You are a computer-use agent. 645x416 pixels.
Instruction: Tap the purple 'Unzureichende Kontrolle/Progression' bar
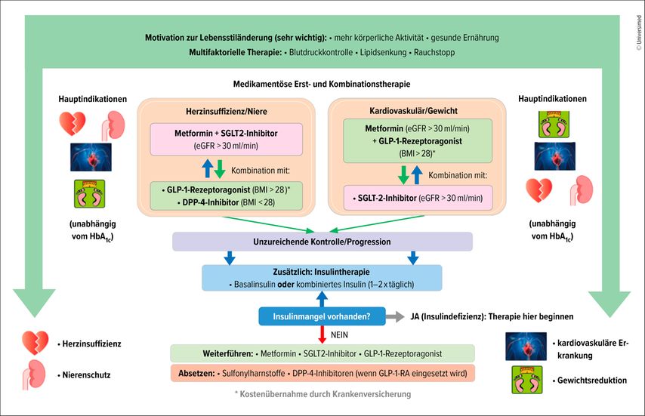(x=322, y=241)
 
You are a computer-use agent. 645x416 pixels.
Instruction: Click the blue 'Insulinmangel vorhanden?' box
(x=322, y=317)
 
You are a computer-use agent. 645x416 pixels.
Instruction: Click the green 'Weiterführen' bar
(x=322, y=353)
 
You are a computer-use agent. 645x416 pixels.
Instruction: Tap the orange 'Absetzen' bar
(x=322, y=373)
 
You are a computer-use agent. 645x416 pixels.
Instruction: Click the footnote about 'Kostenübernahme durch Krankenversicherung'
(x=322, y=394)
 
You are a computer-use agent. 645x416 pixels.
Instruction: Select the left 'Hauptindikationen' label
(x=93, y=99)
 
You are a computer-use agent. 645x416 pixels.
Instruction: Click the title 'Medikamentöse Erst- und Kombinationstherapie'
(x=322, y=84)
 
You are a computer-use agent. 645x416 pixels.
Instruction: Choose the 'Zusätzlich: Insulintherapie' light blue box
(x=322, y=278)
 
